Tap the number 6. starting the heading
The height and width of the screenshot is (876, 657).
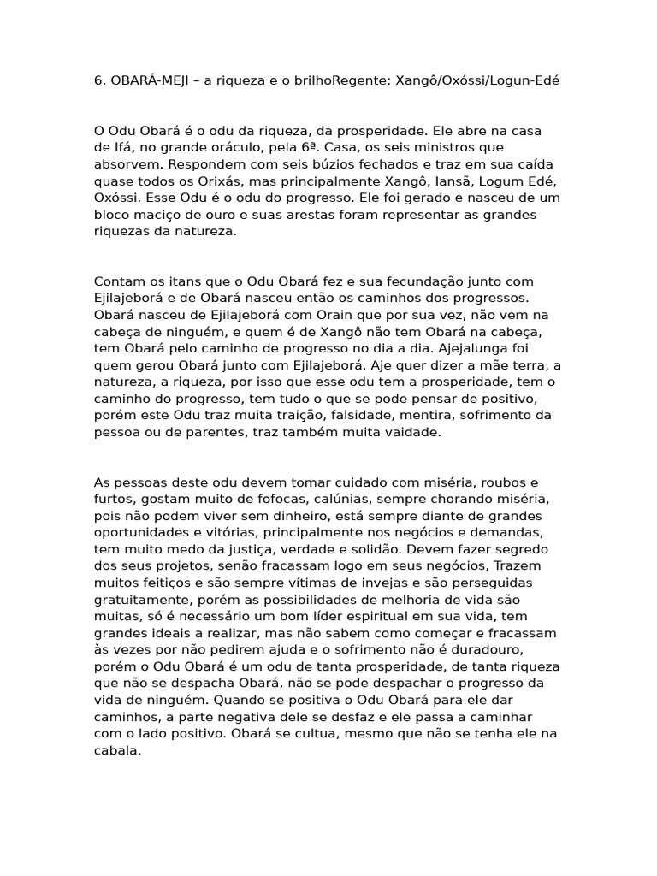99,81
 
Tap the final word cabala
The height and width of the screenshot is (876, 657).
115,750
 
